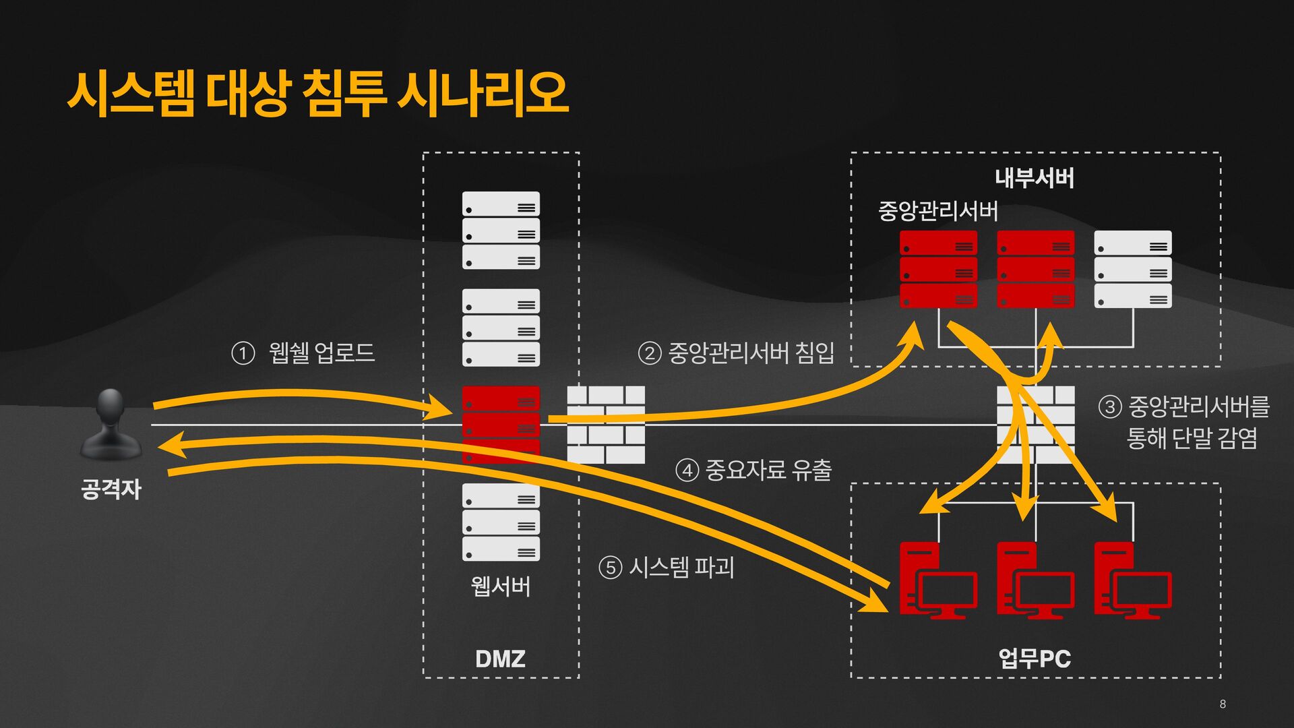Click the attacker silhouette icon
(111, 424)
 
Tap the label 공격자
(111, 489)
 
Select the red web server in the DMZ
(501, 424)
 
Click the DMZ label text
(500, 659)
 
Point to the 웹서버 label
(501, 586)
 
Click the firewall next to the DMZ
(606, 425)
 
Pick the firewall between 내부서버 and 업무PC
(1036, 425)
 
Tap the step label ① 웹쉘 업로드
(303, 353)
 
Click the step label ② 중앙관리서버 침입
(736, 353)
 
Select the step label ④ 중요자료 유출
(753, 470)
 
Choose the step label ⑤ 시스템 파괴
(666, 567)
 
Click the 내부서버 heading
(1035, 178)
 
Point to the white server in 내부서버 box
(1133, 269)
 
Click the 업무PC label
(1035, 658)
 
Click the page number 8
(1223, 704)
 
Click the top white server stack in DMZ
(501, 231)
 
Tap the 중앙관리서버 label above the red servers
(937, 211)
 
